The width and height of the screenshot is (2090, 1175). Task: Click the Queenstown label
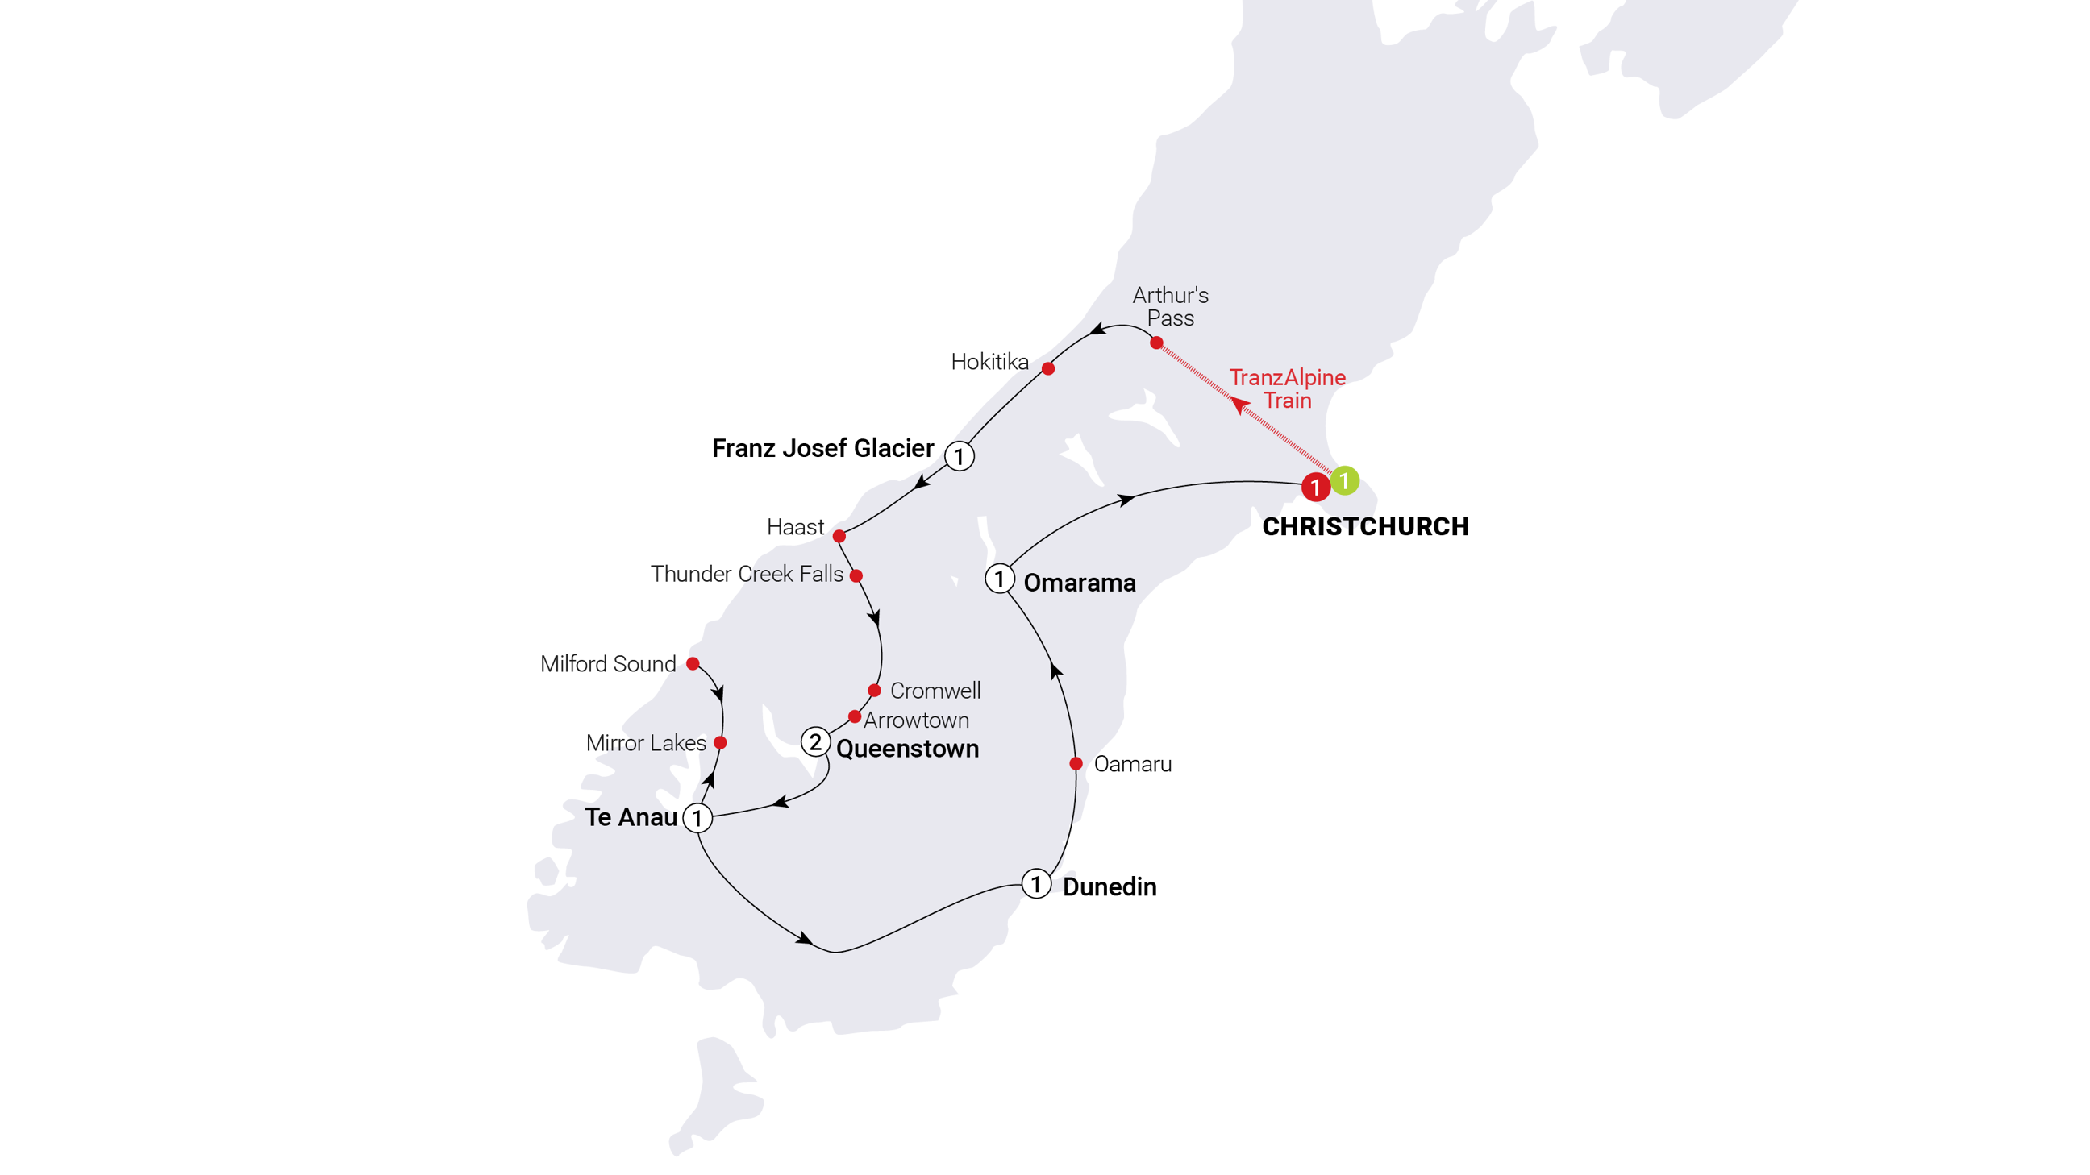pyautogui.click(x=907, y=749)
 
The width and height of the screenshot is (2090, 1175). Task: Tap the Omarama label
pyautogui.click(x=1079, y=583)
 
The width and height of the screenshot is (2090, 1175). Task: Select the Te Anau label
pyautogui.click(x=631, y=816)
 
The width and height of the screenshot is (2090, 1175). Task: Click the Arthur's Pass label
pyautogui.click(x=1170, y=306)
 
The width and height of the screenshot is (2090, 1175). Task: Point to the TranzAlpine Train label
pyautogui.click(x=1287, y=388)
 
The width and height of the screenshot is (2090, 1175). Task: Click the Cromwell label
pyautogui.click(x=935, y=691)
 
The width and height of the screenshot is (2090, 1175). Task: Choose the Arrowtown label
pyautogui.click(x=916, y=720)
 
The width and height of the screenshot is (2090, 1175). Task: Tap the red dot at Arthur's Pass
pyautogui.click(x=1156, y=343)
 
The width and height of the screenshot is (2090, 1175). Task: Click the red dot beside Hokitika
pyautogui.click(x=1048, y=369)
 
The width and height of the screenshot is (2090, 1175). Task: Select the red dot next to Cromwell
pyautogui.click(x=874, y=691)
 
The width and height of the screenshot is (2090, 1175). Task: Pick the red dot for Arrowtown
pyautogui.click(x=855, y=716)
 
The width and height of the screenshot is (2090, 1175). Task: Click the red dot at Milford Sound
pyautogui.click(x=692, y=663)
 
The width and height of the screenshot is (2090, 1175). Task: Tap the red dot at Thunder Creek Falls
pyautogui.click(x=856, y=575)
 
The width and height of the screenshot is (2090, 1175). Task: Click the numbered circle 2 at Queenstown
pyautogui.click(x=815, y=741)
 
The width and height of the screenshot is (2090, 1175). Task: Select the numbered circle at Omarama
pyautogui.click(x=1000, y=579)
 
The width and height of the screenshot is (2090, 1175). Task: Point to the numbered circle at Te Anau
pyautogui.click(x=697, y=818)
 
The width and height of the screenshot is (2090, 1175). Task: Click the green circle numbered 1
pyautogui.click(x=1344, y=480)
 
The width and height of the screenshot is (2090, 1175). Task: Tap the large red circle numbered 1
pyautogui.click(x=1315, y=488)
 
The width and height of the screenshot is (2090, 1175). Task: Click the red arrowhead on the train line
pyautogui.click(x=1238, y=404)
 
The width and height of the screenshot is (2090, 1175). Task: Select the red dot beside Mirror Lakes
pyautogui.click(x=720, y=743)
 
